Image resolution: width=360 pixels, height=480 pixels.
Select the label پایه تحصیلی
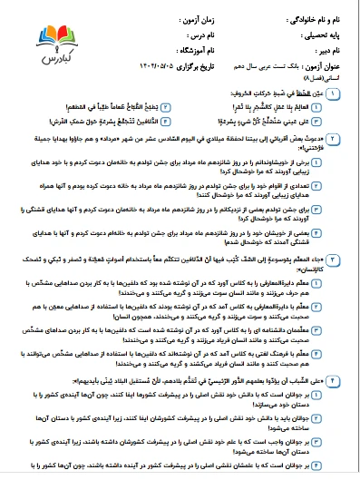coord(322,34)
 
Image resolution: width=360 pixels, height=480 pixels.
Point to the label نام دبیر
coord(328,49)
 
